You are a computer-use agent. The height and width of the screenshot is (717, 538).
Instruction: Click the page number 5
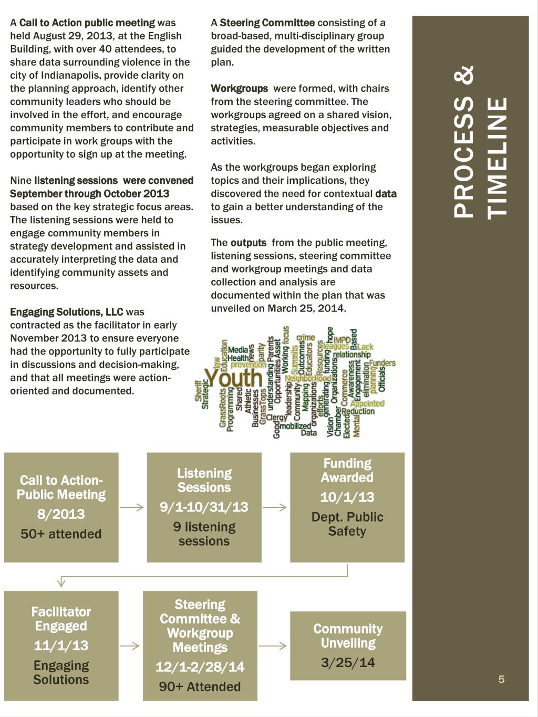501,679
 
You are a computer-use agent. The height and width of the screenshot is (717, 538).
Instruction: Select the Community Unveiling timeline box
348,646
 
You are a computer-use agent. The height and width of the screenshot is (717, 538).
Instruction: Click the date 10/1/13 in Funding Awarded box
347,497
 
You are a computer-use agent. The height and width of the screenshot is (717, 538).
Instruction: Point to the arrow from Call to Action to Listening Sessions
132,507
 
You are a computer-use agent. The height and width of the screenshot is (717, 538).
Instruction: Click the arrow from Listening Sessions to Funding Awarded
275,507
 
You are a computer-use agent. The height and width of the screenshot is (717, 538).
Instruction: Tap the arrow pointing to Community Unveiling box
273,646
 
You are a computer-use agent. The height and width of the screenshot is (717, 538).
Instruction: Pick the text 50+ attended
61,534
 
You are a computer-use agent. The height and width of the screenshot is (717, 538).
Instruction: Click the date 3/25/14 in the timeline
348,662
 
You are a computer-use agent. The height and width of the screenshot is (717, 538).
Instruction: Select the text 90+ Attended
200,687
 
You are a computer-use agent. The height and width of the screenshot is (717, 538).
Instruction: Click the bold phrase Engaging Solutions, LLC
67,312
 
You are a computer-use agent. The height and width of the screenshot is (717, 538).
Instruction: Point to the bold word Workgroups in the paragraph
239,88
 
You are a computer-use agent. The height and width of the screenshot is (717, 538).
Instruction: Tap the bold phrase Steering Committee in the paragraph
267,23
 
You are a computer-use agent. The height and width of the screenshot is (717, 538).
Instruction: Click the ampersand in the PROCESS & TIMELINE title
464,75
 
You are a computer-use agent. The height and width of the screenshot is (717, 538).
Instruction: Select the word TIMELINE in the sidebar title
498,157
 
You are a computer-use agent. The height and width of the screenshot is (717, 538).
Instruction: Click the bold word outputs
249,243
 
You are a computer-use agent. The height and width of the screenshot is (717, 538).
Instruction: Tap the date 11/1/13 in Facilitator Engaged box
61,646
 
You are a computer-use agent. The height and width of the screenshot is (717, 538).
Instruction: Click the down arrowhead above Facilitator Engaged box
61,581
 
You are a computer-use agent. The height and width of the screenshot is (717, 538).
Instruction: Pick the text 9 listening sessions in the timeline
204,534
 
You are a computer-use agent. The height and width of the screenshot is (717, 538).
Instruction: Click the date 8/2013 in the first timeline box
61,514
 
